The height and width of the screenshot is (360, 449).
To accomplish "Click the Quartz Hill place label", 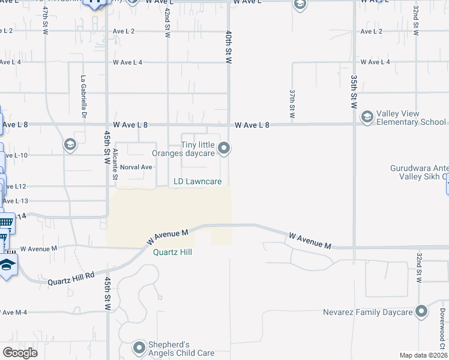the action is coord(172,252).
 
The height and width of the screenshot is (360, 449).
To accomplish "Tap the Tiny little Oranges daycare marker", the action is coord(224,148).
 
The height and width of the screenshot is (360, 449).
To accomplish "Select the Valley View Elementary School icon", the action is coord(367,116).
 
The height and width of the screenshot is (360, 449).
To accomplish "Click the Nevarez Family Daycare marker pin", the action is coord(421,311).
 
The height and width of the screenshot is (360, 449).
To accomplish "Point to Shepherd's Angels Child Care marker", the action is coord(139,348).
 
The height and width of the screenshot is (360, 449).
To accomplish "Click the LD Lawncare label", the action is coord(197,181).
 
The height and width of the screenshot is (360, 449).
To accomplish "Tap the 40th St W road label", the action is coord(229,47).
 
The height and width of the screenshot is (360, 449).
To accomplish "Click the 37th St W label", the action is coord(292,103).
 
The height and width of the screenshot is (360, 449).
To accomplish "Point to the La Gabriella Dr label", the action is coord(85,95).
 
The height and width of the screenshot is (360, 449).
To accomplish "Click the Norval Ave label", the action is coord(136,167).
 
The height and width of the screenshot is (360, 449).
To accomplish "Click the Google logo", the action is coord(20,353).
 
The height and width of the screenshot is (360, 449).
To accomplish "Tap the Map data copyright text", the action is coord(424,355).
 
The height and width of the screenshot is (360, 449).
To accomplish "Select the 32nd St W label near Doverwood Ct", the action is coord(418,268).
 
